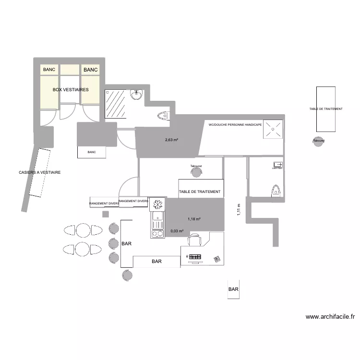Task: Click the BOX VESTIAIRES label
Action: pyautogui.click(x=71, y=89)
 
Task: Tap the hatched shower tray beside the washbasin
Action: pyautogui.click(x=115, y=104)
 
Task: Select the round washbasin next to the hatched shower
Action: pyautogui.click(x=137, y=95)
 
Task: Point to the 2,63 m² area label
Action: pyautogui.click(x=172, y=140)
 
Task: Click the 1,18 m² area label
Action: pyautogui.click(x=194, y=219)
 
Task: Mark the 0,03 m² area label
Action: pyautogui.click(x=177, y=231)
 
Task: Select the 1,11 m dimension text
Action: pyautogui.click(x=239, y=210)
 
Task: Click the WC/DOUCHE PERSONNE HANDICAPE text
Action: pyautogui.click(x=235, y=124)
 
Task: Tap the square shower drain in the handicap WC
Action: pyautogui.click(x=273, y=129)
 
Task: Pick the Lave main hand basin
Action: pyautogui.click(x=277, y=165)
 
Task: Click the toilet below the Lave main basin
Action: pyautogui.click(x=276, y=191)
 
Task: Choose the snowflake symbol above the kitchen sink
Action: pyautogui.click(x=157, y=204)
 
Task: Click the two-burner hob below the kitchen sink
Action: pyautogui.click(x=157, y=234)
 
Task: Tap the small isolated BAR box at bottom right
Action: pyautogui.click(x=233, y=289)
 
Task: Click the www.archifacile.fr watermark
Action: pyautogui.click(x=330, y=317)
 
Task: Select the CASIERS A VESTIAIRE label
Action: pyautogui.click(x=40, y=172)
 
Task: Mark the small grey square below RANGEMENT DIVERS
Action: pyautogui.click(x=105, y=214)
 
